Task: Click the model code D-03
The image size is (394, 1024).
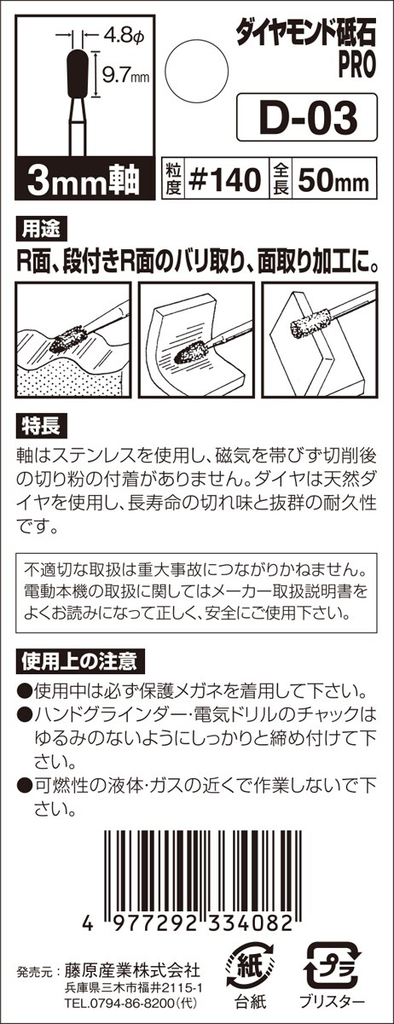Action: click(x=308, y=118)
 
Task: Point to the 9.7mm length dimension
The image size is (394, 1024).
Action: click(x=125, y=75)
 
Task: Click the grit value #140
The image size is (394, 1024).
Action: click(x=225, y=180)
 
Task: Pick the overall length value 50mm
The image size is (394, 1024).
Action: click(x=333, y=181)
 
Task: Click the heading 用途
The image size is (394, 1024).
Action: click(x=41, y=230)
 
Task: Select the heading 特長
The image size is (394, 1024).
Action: click(x=41, y=426)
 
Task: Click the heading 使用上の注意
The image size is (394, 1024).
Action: click(x=80, y=661)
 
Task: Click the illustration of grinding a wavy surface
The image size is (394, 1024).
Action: click(x=73, y=340)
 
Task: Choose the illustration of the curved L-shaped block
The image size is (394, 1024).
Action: click(x=196, y=340)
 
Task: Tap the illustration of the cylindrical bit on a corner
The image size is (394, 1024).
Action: click(x=320, y=340)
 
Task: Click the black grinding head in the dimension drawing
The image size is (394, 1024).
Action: click(x=78, y=73)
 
